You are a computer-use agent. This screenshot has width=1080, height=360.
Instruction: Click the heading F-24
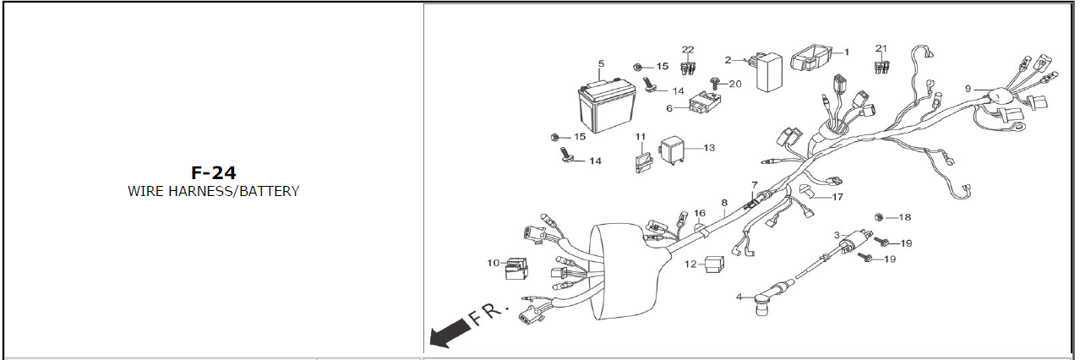213,172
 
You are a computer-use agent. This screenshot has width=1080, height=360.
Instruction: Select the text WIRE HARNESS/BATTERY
213,191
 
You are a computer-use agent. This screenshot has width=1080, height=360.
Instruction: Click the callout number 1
846,52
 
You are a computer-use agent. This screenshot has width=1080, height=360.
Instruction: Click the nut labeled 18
879,217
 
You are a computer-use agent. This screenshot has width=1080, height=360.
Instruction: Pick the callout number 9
968,89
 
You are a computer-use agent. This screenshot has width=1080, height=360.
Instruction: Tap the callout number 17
837,197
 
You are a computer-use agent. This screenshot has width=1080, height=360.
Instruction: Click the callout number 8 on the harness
723,203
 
